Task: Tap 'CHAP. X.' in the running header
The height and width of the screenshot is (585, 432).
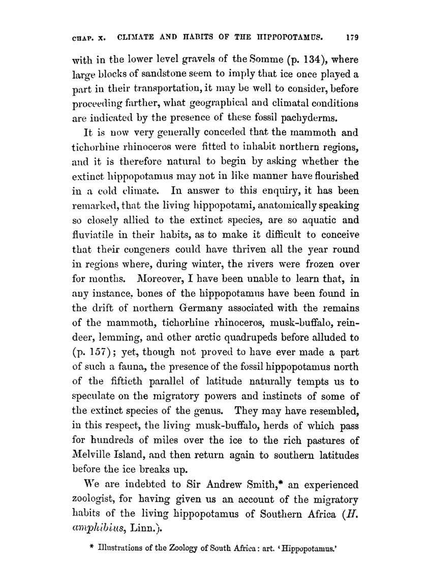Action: tap(86, 37)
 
